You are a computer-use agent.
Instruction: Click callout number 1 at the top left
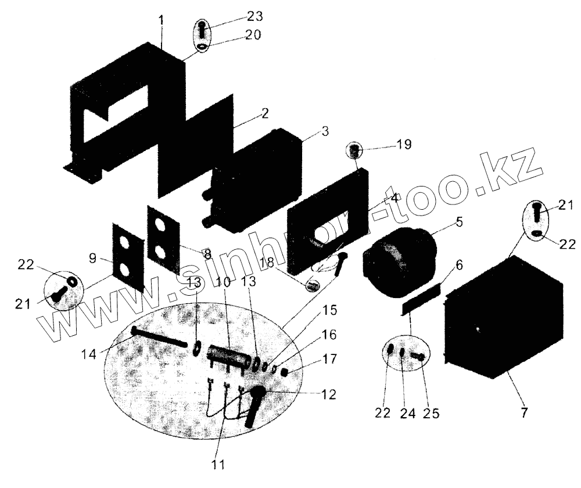pos(161,20)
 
